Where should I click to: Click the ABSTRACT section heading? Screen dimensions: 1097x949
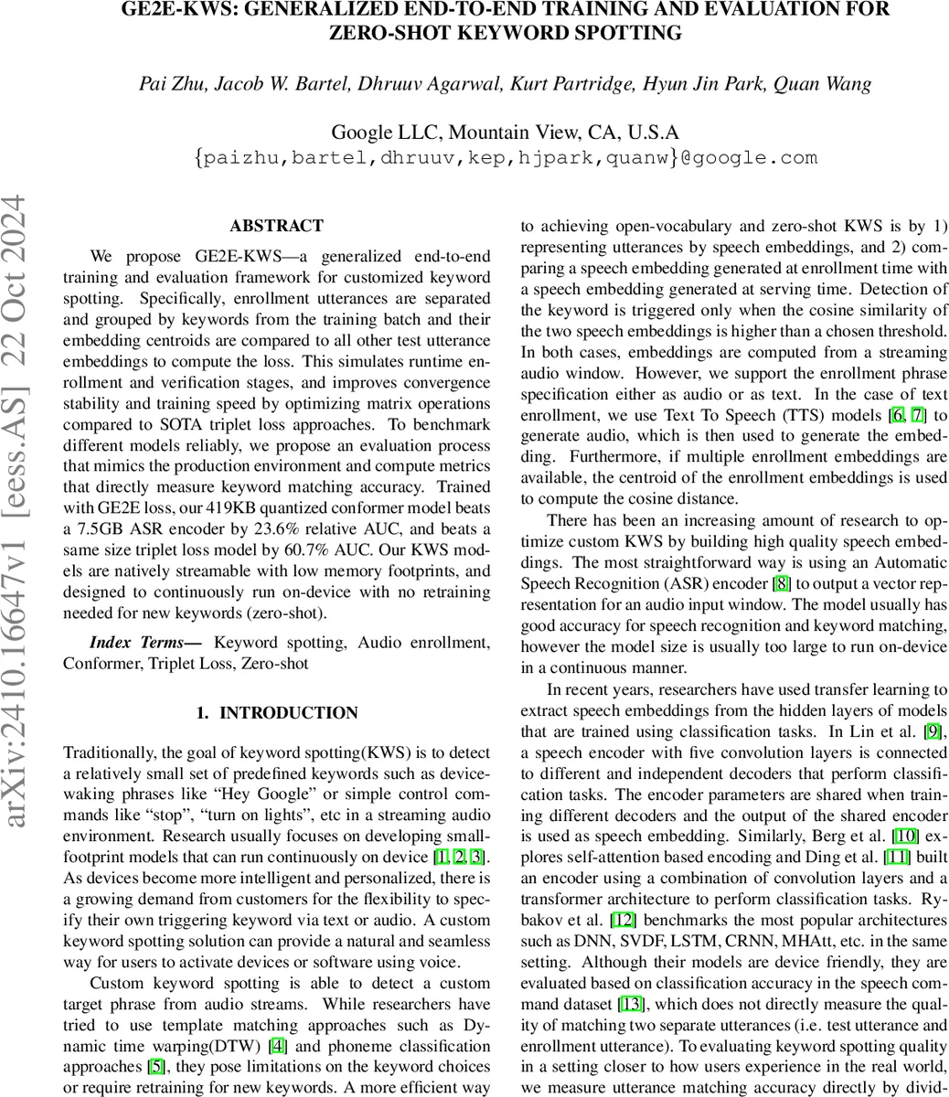276,227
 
